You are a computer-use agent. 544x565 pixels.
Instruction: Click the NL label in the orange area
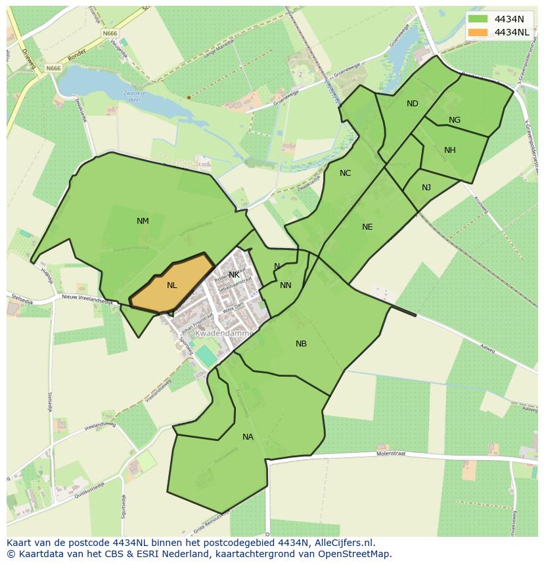pyautogui.click(x=171, y=285)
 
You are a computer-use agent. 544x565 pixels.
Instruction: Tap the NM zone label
pyautogui.click(x=143, y=221)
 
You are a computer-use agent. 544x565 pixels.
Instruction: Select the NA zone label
pyautogui.click(x=248, y=437)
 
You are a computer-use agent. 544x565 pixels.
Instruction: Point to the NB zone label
pyautogui.click(x=301, y=344)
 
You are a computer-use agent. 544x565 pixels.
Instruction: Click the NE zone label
pyautogui.click(x=367, y=227)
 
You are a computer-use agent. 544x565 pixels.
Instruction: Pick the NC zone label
pyautogui.click(x=345, y=173)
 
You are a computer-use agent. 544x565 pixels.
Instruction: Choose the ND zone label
pyautogui.click(x=412, y=104)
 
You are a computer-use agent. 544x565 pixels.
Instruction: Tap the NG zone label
pyautogui.click(x=455, y=120)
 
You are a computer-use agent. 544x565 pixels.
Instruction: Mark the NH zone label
pyautogui.click(x=449, y=150)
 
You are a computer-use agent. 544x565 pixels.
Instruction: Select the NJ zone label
pyautogui.click(x=426, y=188)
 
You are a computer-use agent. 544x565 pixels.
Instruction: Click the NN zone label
pyautogui.click(x=285, y=285)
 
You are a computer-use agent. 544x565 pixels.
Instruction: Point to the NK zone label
pyautogui.click(x=234, y=275)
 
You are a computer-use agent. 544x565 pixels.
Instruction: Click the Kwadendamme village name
pyautogui.click(x=224, y=333)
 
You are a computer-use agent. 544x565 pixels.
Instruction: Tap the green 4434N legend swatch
pyautogui.click(x=478, y=19)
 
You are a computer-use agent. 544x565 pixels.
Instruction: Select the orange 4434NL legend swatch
pyautogui.click(x=478, y=32)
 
